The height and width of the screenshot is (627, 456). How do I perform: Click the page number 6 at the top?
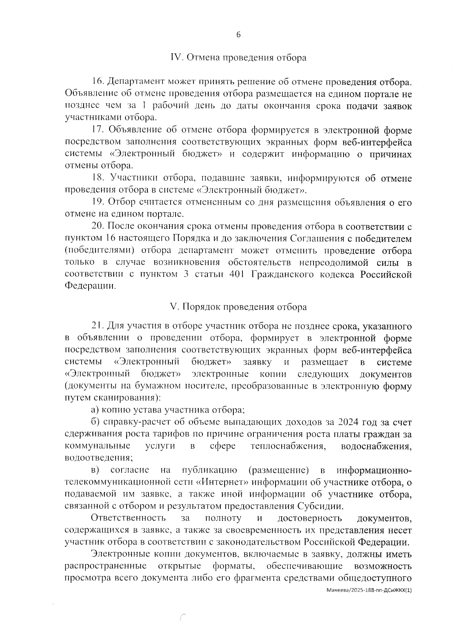click(238, 35)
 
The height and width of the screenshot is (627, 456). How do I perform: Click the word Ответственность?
click(128, 518)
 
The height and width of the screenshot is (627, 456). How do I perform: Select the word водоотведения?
click(98, 458)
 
